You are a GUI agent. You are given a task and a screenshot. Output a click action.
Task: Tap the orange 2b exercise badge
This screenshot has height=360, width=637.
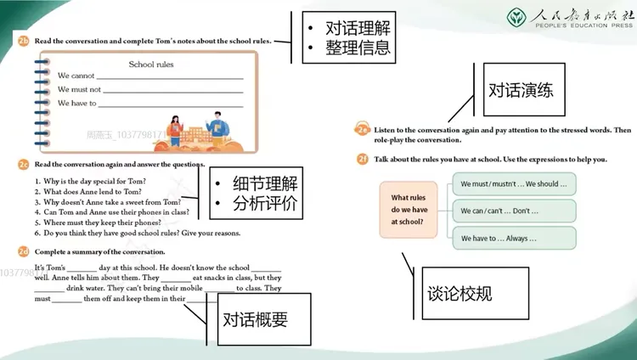[23, 41]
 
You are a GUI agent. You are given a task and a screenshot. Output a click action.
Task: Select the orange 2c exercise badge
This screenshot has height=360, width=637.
[23, 163]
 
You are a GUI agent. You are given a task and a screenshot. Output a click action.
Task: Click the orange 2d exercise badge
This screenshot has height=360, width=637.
[23, 251]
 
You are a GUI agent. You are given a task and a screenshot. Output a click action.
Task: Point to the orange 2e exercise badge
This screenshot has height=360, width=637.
[363, 129]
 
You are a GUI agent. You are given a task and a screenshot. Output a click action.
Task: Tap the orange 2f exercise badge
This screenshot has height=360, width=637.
[363, 159]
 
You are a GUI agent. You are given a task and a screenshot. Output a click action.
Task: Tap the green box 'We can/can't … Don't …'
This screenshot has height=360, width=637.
[513, 211]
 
